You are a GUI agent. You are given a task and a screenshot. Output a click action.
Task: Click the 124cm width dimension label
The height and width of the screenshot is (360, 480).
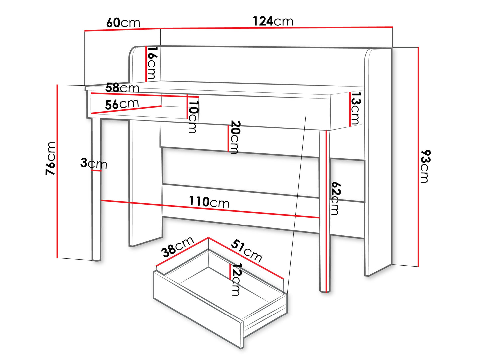pos(273,21)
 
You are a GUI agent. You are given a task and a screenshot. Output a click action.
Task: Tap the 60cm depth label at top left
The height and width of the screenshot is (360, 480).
pos(123,23)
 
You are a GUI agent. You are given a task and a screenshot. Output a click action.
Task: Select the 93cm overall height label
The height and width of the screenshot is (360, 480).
pos(425,166)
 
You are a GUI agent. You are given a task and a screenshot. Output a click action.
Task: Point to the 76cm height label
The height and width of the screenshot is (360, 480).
pos(50,159)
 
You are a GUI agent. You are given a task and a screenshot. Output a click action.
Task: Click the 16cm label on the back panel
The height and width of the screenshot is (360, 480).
pos(152,63)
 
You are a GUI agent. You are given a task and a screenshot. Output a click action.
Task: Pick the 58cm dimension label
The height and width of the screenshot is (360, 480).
pos(122,88)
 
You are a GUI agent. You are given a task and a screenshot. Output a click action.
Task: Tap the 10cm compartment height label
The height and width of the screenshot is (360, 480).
pos(193,117)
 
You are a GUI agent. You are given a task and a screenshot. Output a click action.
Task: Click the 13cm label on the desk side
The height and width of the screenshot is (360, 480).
pos(355,108)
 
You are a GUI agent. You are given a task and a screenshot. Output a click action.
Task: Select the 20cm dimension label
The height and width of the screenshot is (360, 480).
pos(235,137)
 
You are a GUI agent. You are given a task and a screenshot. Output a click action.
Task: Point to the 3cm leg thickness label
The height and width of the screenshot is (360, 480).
pos(94,163)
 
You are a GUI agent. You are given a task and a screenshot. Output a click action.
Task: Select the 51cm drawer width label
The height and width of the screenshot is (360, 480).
pos(246,251)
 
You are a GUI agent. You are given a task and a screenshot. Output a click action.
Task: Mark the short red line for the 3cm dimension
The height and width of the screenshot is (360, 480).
pos(96,170)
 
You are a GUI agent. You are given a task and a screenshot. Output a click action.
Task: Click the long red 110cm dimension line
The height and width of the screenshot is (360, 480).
pos(210,209)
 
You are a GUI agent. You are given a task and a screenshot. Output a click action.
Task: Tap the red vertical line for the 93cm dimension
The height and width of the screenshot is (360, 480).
pos(418,157)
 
